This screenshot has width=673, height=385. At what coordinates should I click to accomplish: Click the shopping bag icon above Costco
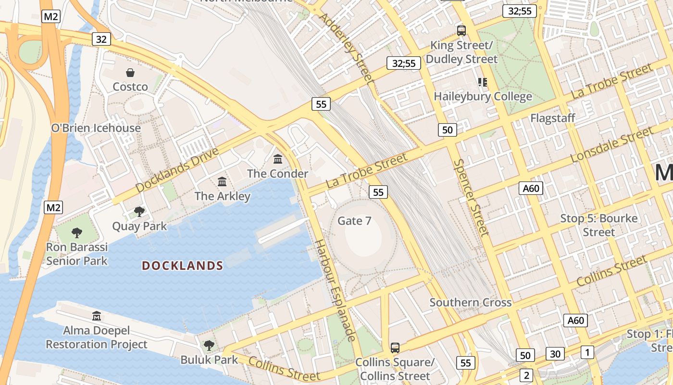(130, 73)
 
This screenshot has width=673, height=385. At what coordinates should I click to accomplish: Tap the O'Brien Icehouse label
(96, 128)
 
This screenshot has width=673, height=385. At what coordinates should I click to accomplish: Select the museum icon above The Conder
(278, 159)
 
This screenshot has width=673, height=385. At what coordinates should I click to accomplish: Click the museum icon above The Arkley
(222, 182)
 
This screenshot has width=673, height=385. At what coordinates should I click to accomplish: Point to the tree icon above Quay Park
(139, 211)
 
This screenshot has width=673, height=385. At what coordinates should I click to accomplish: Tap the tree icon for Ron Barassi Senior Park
(76, 233)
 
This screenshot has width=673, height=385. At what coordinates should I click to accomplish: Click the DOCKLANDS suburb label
(183, 266)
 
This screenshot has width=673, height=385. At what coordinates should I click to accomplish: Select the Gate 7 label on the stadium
(355, 221)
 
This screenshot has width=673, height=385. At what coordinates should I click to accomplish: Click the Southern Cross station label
(471, 303)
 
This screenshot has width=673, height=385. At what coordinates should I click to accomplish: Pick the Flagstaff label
(553, 118)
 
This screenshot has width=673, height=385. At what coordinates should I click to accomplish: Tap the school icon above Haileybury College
(483, 82)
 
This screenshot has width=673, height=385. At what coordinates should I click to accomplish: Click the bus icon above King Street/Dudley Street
(461, 31)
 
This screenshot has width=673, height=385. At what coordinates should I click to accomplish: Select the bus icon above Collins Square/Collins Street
(395, 347)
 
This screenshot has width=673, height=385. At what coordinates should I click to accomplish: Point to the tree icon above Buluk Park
(209, 345)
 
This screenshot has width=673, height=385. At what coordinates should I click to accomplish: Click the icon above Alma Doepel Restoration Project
(97, 316)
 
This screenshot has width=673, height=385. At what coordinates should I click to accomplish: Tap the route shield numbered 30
(555, 354)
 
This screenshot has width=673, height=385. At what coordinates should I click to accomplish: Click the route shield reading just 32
(101, 39)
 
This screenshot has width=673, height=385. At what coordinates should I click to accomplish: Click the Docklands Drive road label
(177, 169)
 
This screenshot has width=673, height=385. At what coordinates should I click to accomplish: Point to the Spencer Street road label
(472, 198)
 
